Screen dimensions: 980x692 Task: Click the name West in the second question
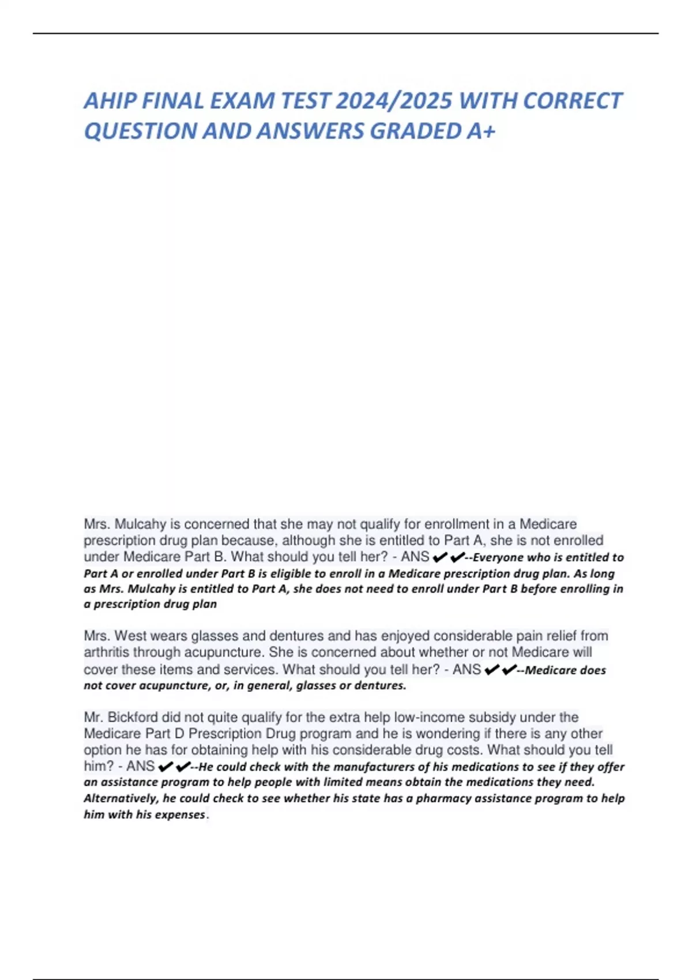click(131, 636)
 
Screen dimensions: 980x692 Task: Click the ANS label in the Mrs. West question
click(467, 669)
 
